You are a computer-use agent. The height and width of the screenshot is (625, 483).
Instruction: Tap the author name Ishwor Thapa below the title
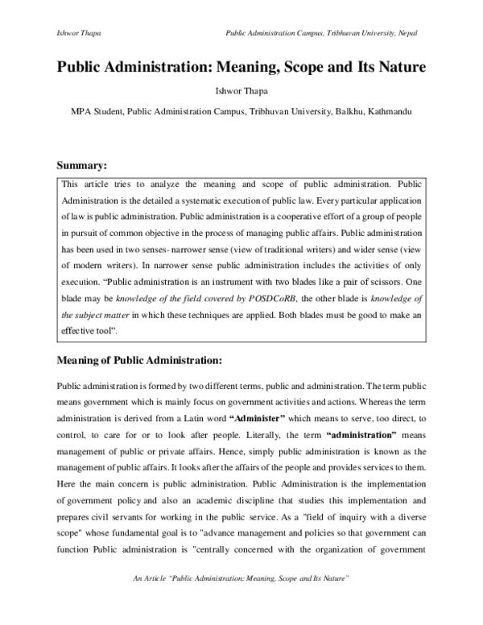pos(242,91)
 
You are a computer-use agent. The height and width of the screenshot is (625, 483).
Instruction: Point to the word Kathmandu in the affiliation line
pos(390,111)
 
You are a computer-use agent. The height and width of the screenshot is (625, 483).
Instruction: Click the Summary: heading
pos(80,166)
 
